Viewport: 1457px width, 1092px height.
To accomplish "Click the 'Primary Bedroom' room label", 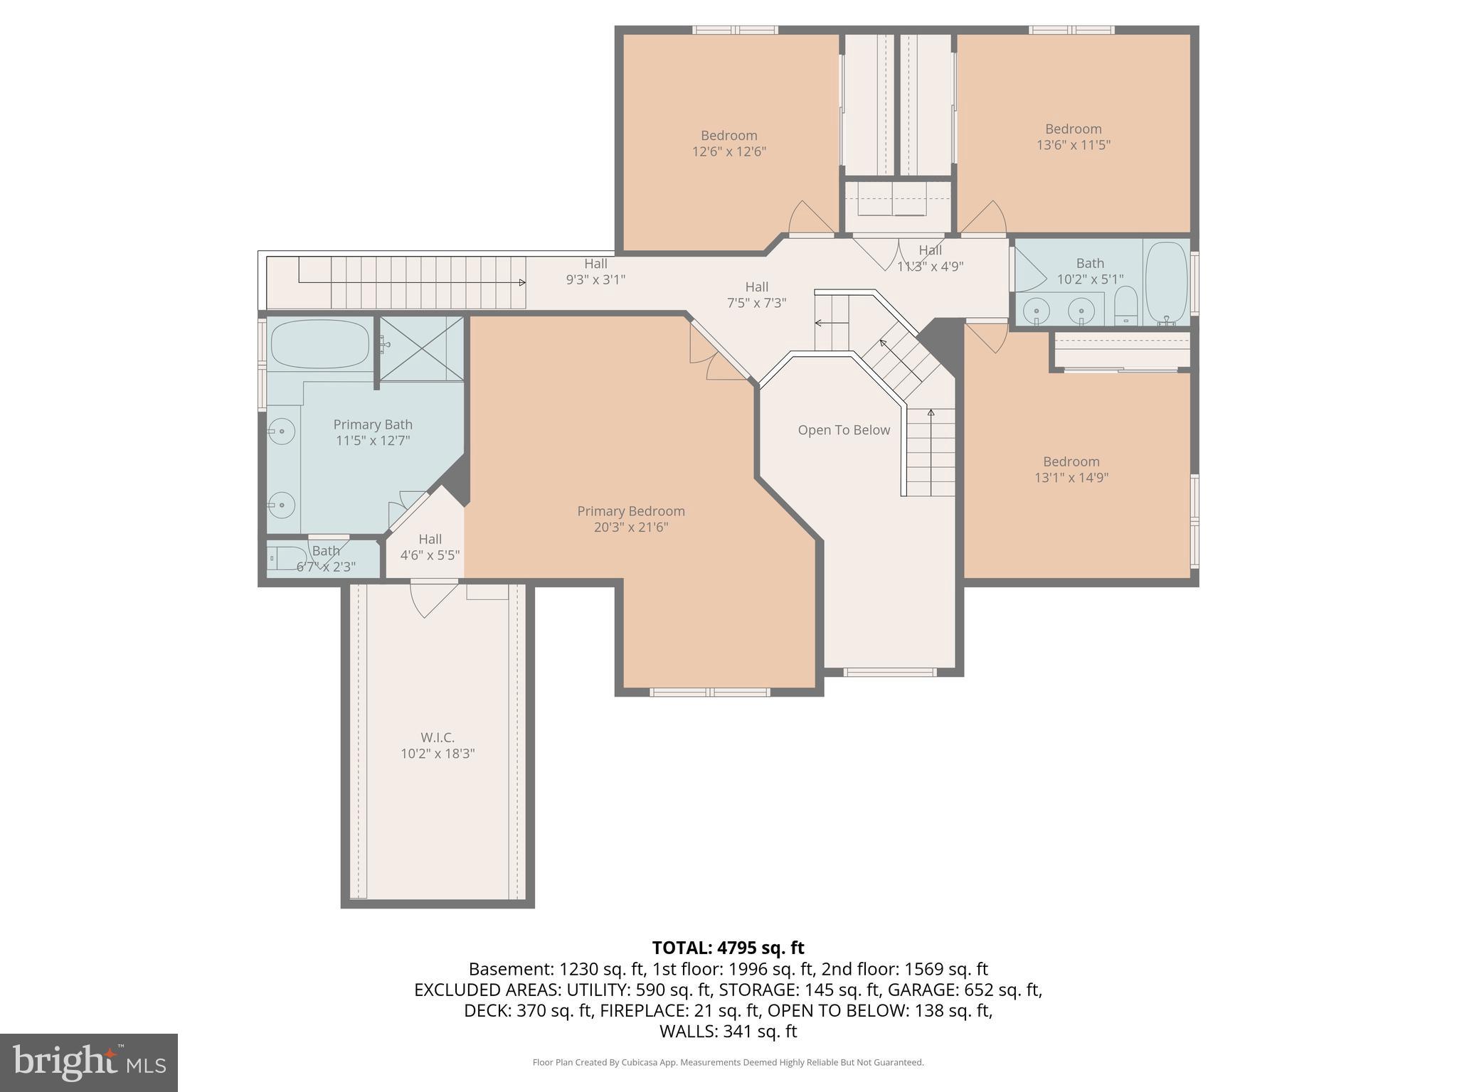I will (630, 511).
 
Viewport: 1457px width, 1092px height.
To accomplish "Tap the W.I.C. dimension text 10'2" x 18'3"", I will (437, 754).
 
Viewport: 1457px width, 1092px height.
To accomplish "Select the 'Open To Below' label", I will (844, 430).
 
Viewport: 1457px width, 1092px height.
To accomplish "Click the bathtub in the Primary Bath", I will (320, 344).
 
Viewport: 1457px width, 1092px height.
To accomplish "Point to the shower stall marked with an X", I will (421, 349).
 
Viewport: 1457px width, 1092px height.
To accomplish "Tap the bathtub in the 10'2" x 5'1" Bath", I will (1167, 282).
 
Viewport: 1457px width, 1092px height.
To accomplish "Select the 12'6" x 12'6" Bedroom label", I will (728, 143).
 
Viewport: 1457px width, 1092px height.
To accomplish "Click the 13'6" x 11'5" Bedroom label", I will (1073, 136).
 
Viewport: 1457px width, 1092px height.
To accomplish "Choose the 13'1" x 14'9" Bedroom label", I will (1071, 469).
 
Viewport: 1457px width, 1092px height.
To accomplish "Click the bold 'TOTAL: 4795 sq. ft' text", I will (728, 948).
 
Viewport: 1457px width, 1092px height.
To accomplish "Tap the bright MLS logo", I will (89, 1063).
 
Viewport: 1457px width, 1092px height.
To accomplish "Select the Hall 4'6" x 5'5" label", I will (430, 547).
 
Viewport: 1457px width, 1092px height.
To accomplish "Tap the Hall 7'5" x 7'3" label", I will (756, 294).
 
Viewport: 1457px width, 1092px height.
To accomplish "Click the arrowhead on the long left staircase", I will (522, 282).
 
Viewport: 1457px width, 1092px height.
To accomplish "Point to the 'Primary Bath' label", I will (373, 424).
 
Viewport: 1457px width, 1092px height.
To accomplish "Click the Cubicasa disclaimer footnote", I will (728, 1062).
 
